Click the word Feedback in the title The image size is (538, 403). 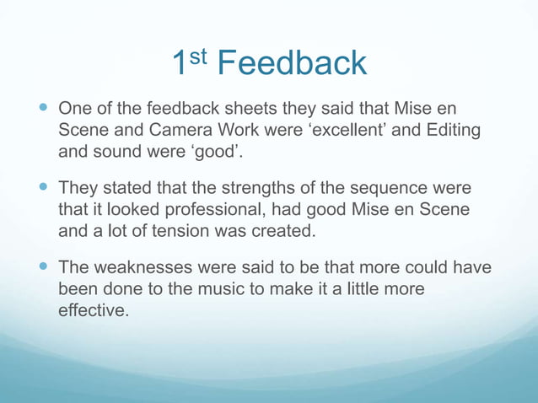click(x=292, y=63)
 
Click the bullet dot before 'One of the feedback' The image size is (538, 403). click(x=45, y=110)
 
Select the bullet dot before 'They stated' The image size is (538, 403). click(x=45, y=187)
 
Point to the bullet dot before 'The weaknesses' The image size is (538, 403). click(x=45, y=267)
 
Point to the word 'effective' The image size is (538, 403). click(x=93, y=310)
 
